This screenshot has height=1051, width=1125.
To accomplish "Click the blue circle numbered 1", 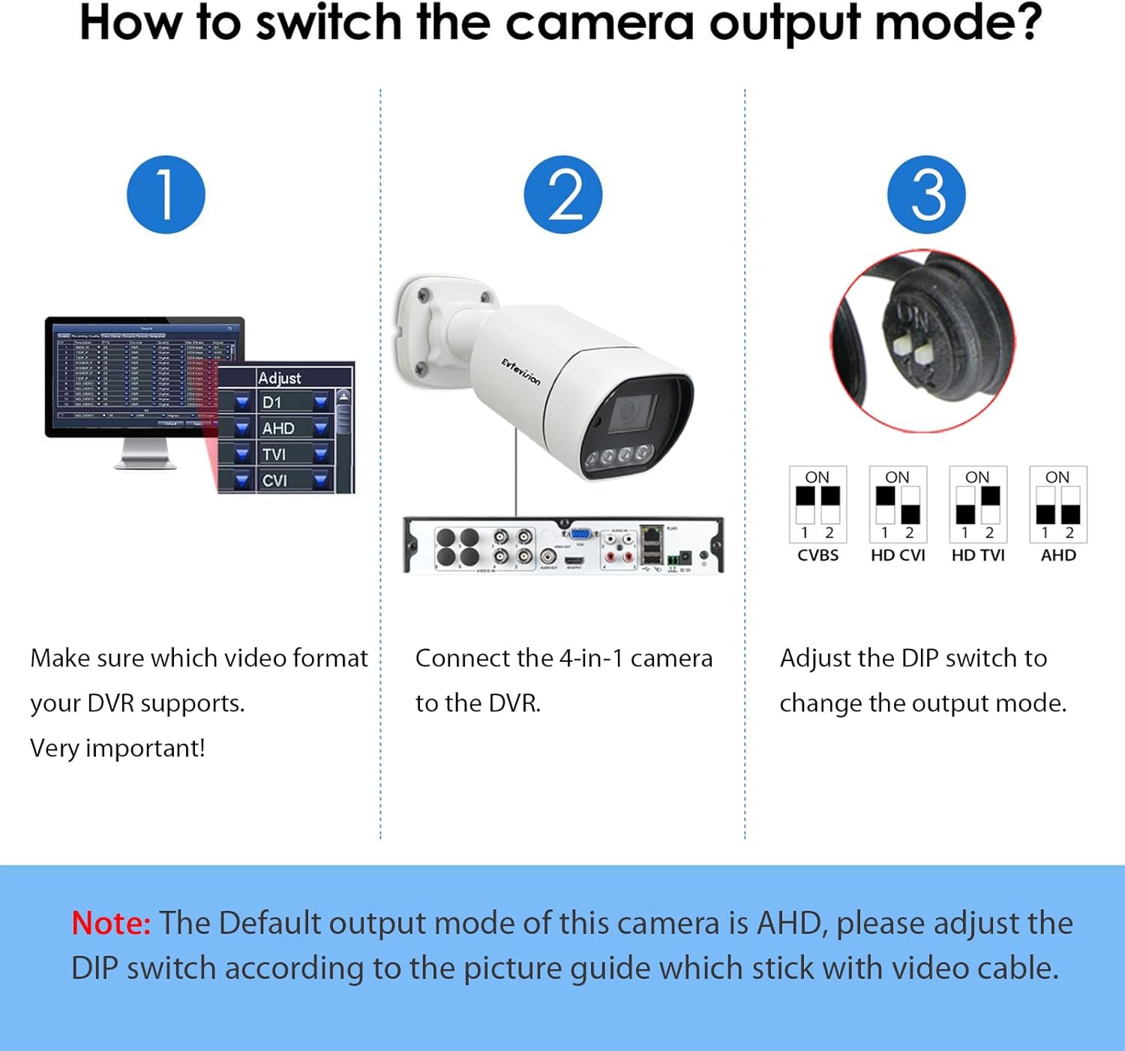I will [166, 195].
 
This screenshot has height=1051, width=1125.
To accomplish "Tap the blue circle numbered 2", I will [562, 195].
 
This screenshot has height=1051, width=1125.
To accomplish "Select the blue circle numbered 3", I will [926, 195].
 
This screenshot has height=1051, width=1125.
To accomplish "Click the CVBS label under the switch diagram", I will [817, 555].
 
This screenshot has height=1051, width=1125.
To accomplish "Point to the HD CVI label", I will [898, 555].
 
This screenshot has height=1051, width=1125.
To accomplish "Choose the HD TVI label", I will [978, 555].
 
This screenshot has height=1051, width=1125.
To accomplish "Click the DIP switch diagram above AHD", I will [1057, 504].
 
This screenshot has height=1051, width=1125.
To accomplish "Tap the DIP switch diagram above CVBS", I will [817, 504].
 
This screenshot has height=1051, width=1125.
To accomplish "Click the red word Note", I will [111, 923].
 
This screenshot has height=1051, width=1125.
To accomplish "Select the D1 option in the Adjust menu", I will [272, 403].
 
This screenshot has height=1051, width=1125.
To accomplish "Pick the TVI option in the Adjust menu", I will [274, 454].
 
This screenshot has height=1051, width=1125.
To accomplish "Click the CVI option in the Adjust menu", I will [274, 481].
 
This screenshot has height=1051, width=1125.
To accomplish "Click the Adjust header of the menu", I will [279, 378].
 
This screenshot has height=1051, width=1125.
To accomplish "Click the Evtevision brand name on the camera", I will [520, 372].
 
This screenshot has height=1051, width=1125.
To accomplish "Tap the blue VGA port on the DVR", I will [580, 534].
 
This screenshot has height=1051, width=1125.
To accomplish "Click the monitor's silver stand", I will [145, 454].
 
